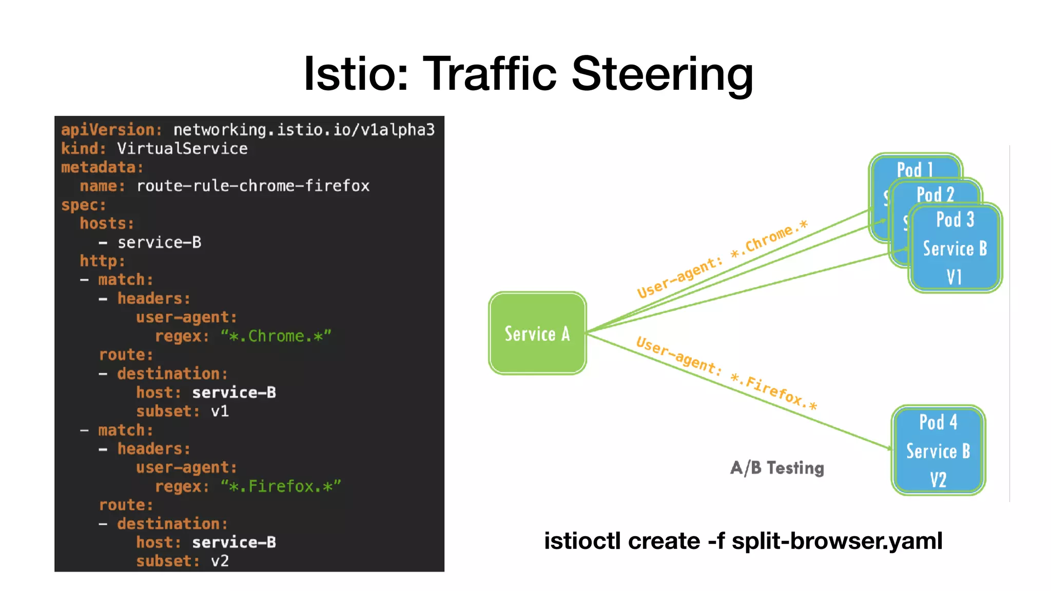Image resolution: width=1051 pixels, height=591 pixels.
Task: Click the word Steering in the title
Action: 661,74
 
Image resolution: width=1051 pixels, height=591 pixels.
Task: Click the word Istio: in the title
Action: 356,74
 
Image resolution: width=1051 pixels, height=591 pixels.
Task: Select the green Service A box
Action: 537,333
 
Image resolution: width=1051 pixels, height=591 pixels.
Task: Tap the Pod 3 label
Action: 955,220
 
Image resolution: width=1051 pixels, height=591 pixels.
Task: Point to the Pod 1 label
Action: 914,169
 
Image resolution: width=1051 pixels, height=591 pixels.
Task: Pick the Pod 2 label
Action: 935,194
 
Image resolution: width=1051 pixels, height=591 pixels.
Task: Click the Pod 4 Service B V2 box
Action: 938,450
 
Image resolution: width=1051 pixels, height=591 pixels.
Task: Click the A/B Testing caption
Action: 777,468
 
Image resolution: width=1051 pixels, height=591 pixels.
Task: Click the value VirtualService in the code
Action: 182,149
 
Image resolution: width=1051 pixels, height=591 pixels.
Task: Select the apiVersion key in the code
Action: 111,130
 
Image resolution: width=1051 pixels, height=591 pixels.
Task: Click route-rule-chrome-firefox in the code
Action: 253,186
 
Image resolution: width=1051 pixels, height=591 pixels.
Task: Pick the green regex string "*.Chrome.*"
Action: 276,337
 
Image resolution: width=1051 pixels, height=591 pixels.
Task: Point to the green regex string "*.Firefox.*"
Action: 281,486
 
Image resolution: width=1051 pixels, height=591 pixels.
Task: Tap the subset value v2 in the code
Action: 220,561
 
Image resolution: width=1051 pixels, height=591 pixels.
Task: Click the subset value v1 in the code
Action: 220,411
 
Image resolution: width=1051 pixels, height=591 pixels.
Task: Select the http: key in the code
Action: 102,261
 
